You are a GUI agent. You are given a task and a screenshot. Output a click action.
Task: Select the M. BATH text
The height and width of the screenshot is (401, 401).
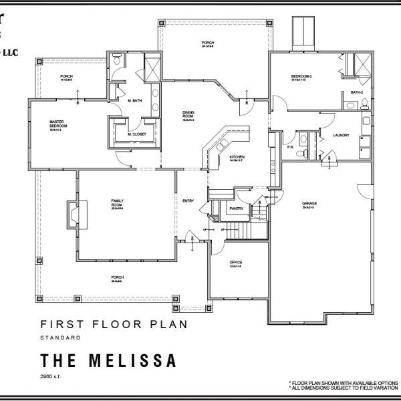(x=136, y=100)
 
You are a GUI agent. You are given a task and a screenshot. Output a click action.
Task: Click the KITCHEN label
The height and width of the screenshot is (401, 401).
(x=237, y=158)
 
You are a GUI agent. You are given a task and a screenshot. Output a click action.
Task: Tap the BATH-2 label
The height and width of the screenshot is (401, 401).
(x=356, y=93)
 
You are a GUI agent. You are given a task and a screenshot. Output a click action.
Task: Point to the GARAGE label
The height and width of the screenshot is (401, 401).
(x=309, y=207)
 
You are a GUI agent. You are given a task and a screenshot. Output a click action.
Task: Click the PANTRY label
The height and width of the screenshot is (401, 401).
(x=236, y=209)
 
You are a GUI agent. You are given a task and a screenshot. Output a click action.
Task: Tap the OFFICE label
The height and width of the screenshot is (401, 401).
(x=236, y=263)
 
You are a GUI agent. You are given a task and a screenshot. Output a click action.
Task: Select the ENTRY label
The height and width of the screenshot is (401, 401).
(x=188, y=200)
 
